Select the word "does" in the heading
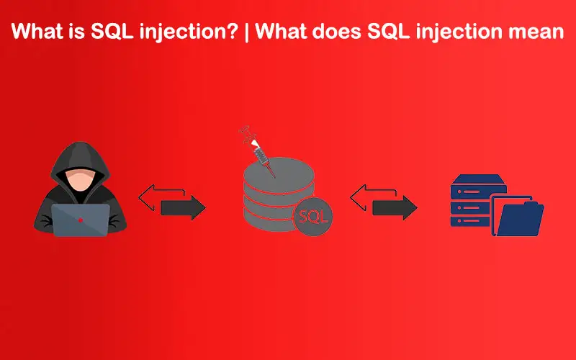tap(337, 32)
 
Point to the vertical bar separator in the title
tap(246, 32)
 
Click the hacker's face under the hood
tap(80, 181)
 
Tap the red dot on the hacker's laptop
tap(81, 220)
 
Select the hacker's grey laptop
tap(81, 220)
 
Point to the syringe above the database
tap(258, 151)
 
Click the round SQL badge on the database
tap(313, 217)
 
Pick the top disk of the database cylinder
tap(279, 174)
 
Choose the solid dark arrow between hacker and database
tap(183, 208)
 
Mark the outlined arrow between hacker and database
tap(161, 197)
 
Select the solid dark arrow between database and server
tap(395, 208)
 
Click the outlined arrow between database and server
tap(373, 197)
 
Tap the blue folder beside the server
tap(518, 217)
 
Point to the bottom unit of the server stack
tap(471, 221)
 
